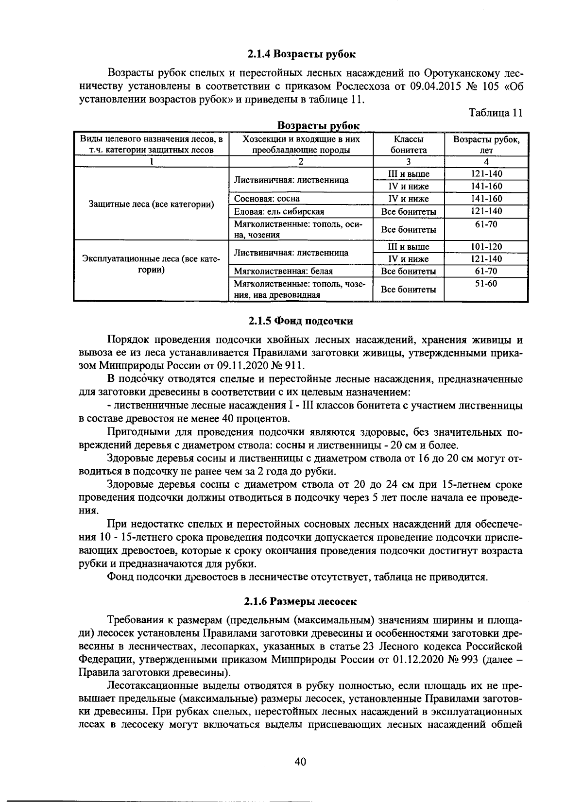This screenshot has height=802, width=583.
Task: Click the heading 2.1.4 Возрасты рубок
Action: click(301, 54)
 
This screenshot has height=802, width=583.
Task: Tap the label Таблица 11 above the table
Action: click(496, 113)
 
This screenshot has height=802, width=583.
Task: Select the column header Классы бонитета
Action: click(408, 144)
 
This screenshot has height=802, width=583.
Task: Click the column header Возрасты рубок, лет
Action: click(486, 144)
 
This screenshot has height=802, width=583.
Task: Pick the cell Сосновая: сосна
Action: click(267, 199)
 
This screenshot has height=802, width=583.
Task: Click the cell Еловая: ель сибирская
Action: click(279, 211)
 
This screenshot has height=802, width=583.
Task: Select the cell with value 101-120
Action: click(486, 247)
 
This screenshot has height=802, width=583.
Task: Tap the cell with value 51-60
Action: click(486, 283)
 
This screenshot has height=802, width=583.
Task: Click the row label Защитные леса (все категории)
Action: click(152, 204)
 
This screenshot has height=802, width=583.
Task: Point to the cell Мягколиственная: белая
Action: click(283, 271)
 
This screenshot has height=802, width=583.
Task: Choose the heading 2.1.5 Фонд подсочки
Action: click(301, 321)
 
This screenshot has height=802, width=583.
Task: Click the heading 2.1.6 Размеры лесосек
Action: click(301, 601)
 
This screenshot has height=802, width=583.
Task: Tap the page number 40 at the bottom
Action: click(300, 762)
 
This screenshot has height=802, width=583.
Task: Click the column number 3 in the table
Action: click(408, 162)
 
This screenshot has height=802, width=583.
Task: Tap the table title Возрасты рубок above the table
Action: click(318, 126)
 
